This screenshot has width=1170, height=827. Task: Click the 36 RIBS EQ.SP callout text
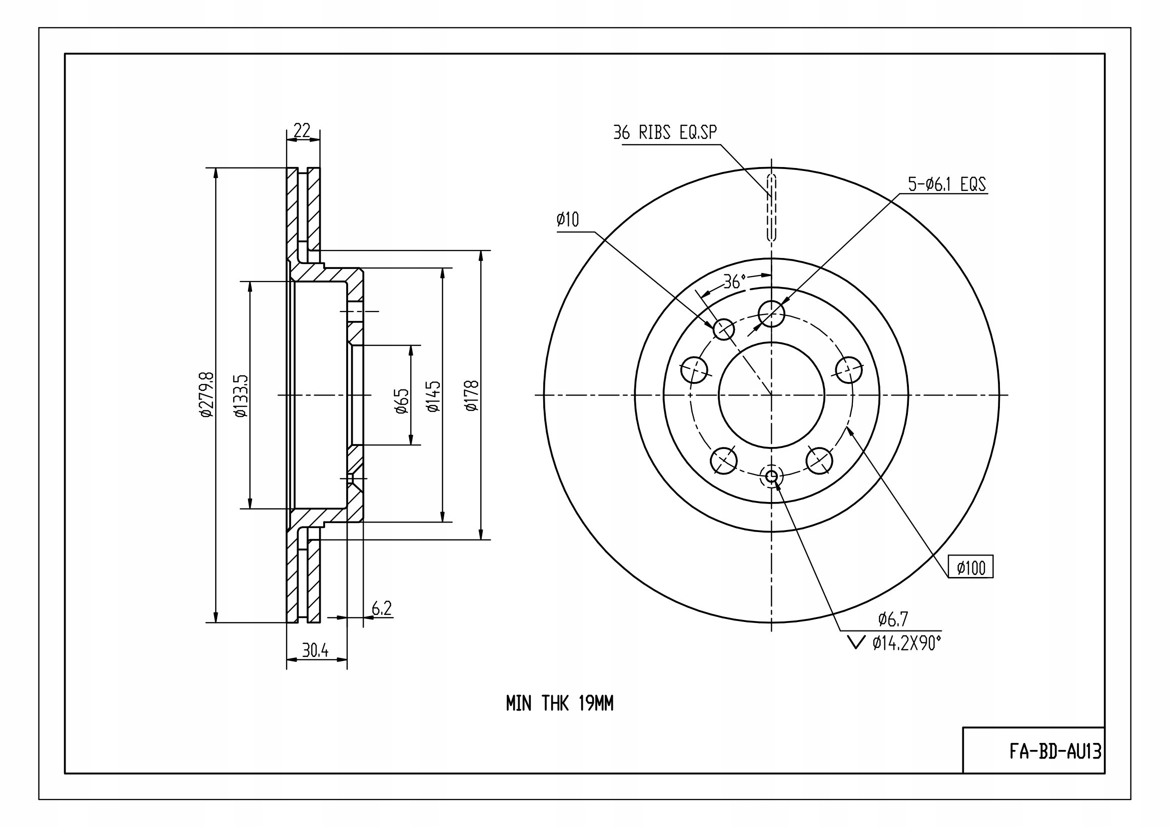pyautogui.click(x=665, y=132)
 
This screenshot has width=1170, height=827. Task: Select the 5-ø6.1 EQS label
pyautogui.click(x=947, y=184)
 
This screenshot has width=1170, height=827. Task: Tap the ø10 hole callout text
pyautogui.click(x=568, y=219)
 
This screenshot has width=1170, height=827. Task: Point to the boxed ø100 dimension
pyautogui.click(x=970, y=568)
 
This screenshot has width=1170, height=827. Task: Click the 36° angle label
pyautogui.click(x=734, y=281)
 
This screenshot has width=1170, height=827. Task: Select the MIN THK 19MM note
pyautogui.click(x=560, y=704)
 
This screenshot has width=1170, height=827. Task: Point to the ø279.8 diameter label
pyautogui.click(x=207, y=394)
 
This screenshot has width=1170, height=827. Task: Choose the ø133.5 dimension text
pyautogui.click(x=241, y=395)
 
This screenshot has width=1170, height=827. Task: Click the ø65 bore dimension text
pyautogui.click(x=402, y=401)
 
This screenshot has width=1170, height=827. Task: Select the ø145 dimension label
pyautogui.click(x=433, y=395)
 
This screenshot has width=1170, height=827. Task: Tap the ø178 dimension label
pyautogui.click(x=472, y=395)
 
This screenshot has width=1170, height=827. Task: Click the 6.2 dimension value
pyautogui.click(x=382, y=607)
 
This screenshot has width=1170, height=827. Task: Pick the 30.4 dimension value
pyautogui.click(x=316, y=650)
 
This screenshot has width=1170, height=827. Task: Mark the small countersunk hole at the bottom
pyautogui.click(x=771, y=476)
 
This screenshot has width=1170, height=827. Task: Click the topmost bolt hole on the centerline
pyautogui.click(x=771, y=313)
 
